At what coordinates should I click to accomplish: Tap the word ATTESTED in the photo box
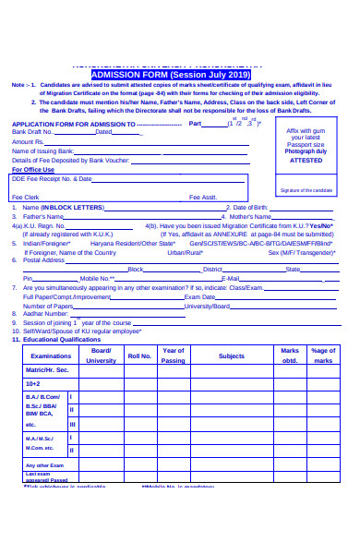(306, 160)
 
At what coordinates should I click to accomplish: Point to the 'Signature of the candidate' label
(306, 189)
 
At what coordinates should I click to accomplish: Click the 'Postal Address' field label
(42, 260)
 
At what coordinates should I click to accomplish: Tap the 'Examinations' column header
(51, 355)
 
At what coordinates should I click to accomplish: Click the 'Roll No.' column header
(139, 355)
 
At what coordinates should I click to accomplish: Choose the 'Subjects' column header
(232, 355)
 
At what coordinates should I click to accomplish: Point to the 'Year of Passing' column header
(173, 355)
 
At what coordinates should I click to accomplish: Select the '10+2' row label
(32, 383)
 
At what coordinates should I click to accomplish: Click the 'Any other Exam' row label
(45, 465)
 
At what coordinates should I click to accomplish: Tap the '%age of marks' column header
(323, 355)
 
